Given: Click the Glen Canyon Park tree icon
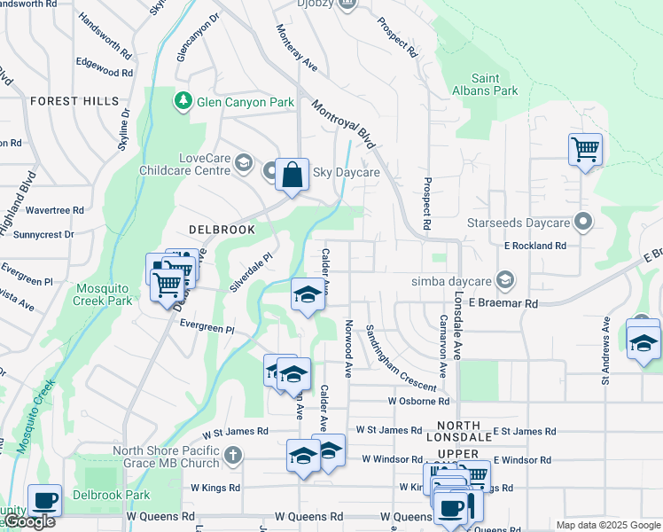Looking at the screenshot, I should tap(183, 102).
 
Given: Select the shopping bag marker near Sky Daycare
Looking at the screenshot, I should tap(292, 175).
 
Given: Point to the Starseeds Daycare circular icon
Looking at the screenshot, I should tap(583, 219).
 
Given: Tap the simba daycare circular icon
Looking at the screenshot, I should tap(504, 280).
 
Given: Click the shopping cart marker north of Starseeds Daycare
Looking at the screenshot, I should tap(585, 149).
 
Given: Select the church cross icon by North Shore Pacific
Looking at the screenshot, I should tap(232, 457).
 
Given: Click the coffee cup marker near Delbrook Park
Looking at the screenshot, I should tap(44, 500).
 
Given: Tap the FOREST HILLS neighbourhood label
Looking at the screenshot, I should tap(74, 101).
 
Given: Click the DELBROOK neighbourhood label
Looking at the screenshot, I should tap(221, 230).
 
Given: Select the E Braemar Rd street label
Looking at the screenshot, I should tap(503, 303).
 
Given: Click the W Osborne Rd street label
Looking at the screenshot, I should tap(418, 401).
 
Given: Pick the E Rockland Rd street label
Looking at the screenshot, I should tap(535, 246).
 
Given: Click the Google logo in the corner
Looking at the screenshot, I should tap(28, 521).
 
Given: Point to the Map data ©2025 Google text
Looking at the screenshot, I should tap(607, 525).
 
